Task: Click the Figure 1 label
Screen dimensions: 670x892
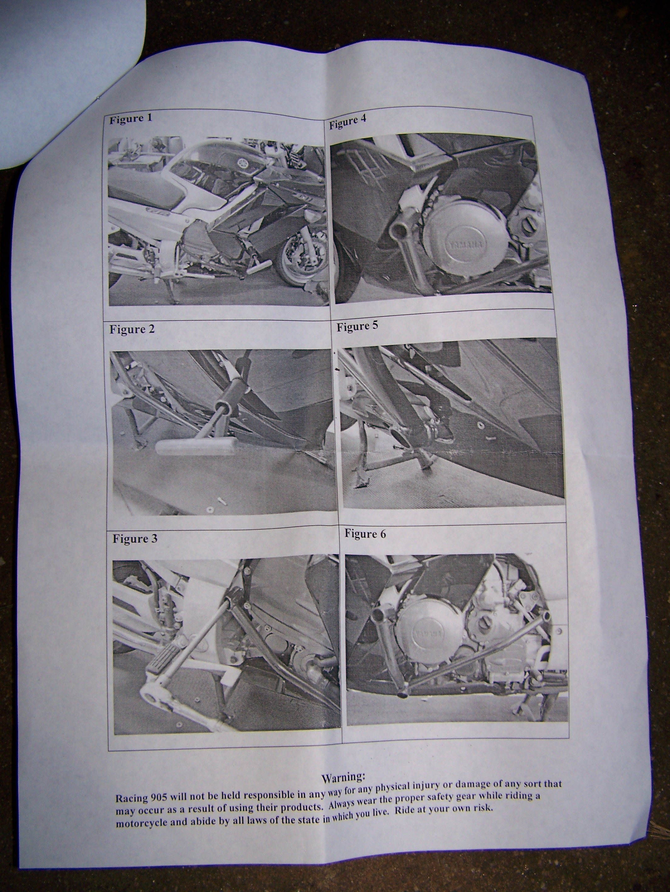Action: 131,119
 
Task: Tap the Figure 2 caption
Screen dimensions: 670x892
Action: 132,329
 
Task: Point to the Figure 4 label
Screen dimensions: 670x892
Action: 348,122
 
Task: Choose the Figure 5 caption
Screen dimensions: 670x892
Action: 357,326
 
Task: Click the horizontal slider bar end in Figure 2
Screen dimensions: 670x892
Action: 196,447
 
